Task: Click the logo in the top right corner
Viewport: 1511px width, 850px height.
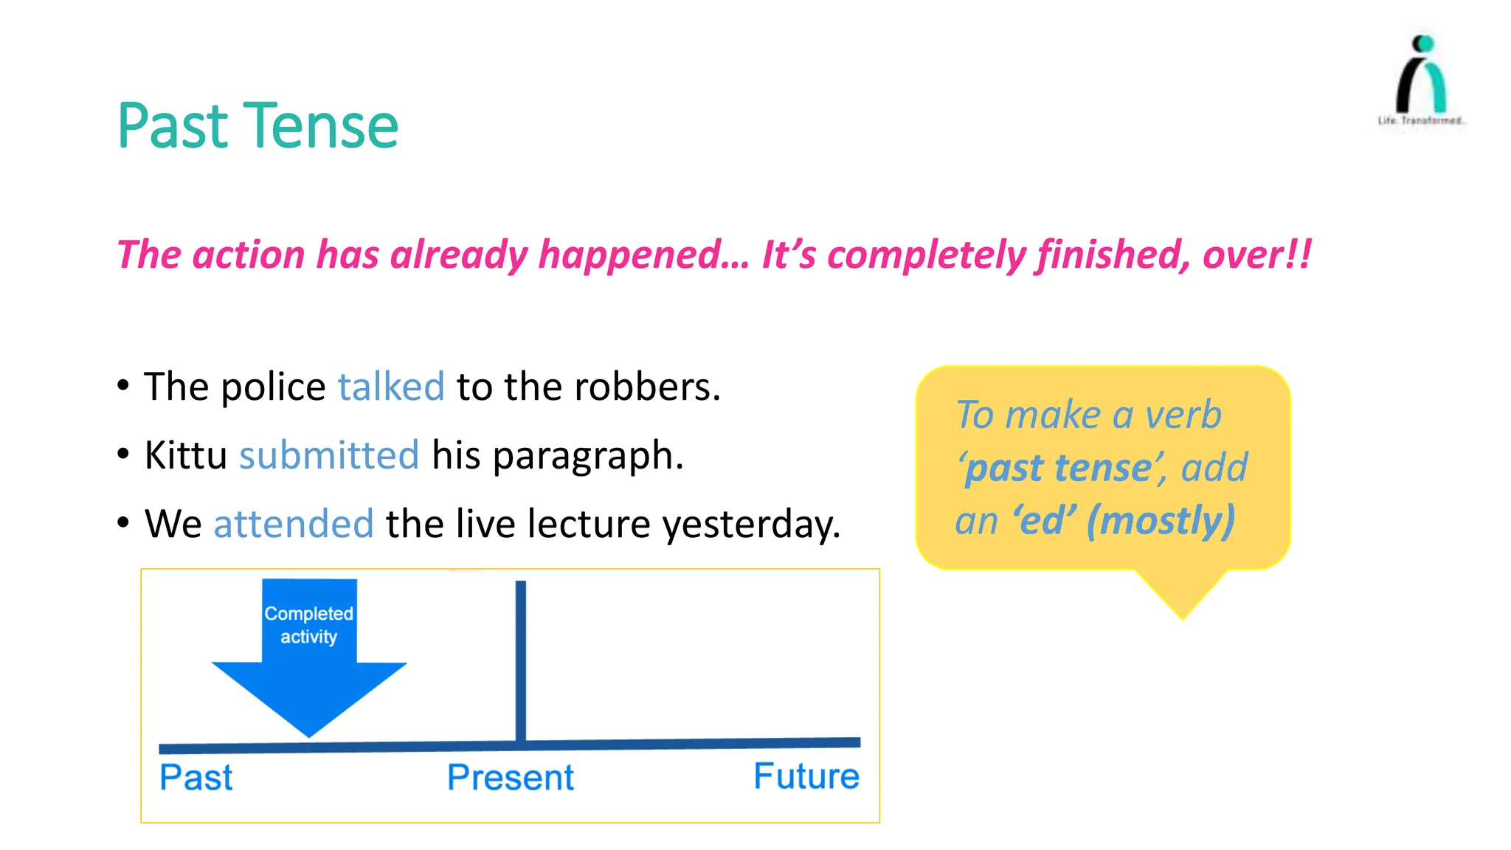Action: (1421, 77)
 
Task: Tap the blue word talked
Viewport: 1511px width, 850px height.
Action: (391, 387)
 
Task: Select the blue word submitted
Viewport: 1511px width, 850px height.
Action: (329, 455)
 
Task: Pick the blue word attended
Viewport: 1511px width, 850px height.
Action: (294, 524)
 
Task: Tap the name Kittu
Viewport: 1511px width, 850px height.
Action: (185, 455)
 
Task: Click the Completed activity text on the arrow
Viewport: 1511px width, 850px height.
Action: (309, 625)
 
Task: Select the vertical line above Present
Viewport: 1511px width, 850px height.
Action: (521, 657)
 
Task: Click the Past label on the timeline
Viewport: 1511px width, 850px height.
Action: (196, 778)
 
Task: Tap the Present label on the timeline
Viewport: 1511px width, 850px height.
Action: (511, 778)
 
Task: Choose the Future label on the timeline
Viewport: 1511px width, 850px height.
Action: (806, 776)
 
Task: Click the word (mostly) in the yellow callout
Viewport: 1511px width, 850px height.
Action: (1161, 521)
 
